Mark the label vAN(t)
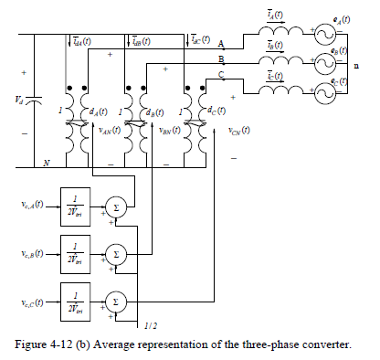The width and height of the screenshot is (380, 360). pyautogui.click(x=111, y=131)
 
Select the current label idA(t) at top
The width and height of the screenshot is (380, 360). pyautogui.click(x=82, y=41)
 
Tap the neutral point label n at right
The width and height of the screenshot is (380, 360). pyautogui.click(x=368, y=66)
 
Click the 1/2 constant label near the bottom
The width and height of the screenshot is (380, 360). pyautogui.click(x=151, y=324)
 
